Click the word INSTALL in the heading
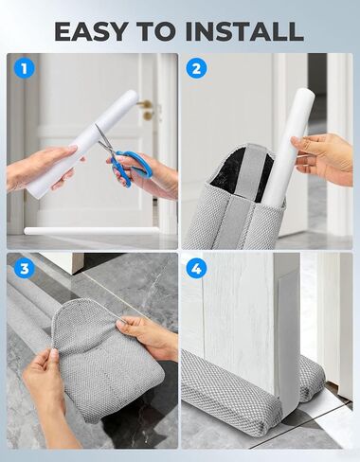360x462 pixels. pyautogui.click(x=244, y=31)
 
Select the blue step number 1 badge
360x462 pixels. pyautogui.click(x=25, y=68)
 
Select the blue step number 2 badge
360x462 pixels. pyautogui.click(x=196, y=68)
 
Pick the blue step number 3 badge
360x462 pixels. pyautogui.click(x=25, y=269)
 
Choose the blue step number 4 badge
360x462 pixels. pyautogui.click(x=196, y=269)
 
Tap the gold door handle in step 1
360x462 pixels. pyautogui.click(x=146, y=109)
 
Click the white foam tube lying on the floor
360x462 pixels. pyautogui.click(x=91, y=231)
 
